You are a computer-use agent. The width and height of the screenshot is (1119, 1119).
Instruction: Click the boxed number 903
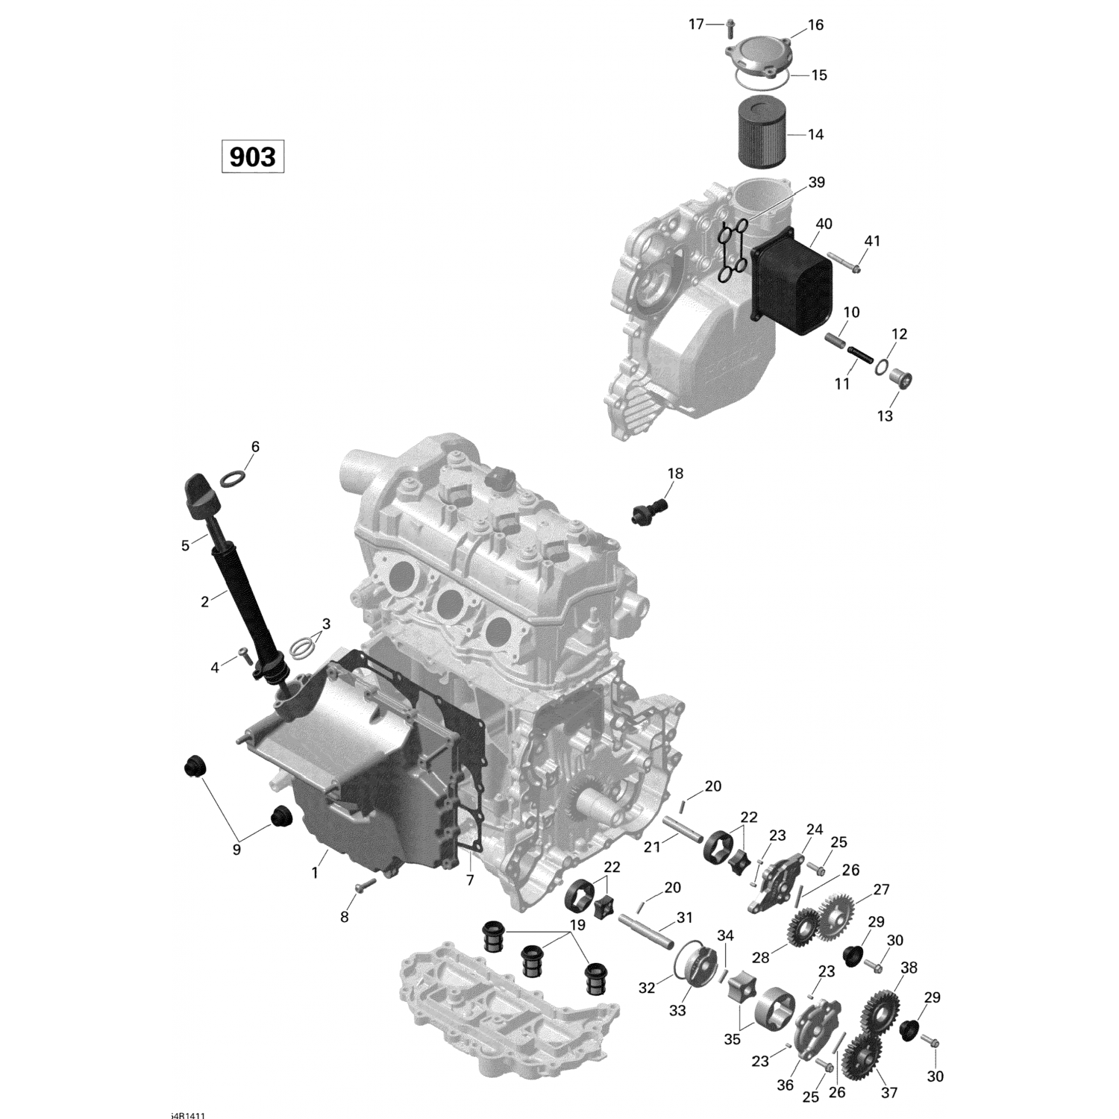252,157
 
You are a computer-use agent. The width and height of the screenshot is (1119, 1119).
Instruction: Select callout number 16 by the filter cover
815,25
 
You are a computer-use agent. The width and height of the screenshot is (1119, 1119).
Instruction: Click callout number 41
872,241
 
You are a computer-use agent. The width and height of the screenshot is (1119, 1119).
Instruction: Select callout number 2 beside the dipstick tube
205,599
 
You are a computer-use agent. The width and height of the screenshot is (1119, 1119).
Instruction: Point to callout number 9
236,849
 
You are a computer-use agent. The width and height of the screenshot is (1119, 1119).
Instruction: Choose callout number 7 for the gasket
470,880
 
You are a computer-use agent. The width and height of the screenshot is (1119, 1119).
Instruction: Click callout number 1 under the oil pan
315,872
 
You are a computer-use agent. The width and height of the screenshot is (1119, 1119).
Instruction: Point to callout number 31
684,917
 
